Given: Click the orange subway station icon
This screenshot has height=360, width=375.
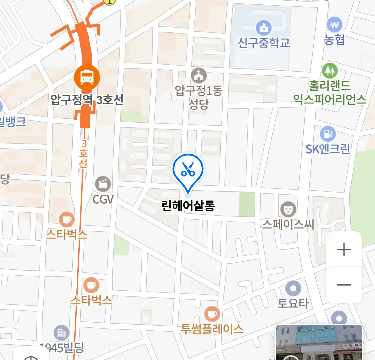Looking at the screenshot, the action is pyautogui.click(x=87, y=78).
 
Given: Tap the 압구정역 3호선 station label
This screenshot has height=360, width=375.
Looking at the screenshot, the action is pyautogui.click(x=87, y=99).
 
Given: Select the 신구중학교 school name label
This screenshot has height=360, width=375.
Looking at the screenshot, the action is pyautogui.click(x=264, y=43).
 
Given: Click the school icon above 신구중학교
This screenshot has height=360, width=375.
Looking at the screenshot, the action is pyautogui.click(x=264, y=28).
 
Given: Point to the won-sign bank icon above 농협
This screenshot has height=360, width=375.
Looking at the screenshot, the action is pyautogui.click(x=334, y=25).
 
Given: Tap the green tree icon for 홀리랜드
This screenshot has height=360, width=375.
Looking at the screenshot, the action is pyautogui.click(x=330, y=71).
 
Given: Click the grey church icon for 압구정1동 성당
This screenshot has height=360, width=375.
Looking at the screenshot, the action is pyautogui.click(x=199, y=76).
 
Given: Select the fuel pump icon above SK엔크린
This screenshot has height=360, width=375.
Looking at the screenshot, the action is pyautogui.click(x=328, y=134).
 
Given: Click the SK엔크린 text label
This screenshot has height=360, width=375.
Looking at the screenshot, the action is pyautogui.click(x=328, y=149).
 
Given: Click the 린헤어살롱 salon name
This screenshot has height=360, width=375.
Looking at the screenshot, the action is pyautogui.click(x=188, y=205).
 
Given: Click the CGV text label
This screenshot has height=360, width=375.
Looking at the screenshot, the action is pyautogui.click(x=103, y=199).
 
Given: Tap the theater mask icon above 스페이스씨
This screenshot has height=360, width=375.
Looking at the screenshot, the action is pyautogui.click(x=288, y=209).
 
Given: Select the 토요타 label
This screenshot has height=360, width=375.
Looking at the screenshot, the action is pyautogui.click(x=293, y=303).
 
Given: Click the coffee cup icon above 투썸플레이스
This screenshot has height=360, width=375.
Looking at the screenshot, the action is pyautogui.click(x=212, y=314).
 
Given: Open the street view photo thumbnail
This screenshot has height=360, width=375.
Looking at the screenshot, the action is pyautogui.click(x=319, y=343).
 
